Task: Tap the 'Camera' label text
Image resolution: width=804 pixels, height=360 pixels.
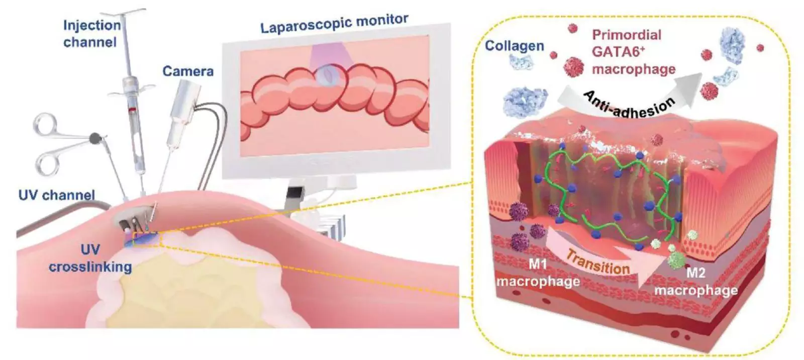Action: pos(187,71)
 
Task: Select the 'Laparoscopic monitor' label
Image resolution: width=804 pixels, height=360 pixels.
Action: pos(334,24)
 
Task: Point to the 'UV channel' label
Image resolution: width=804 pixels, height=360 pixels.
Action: pos(56,195)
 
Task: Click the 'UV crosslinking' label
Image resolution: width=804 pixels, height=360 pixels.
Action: pos(90,258)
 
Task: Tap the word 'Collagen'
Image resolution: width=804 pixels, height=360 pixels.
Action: pos(514,46)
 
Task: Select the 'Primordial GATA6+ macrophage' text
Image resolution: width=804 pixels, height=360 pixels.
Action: pos(633,52)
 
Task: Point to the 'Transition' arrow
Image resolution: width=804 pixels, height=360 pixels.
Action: pos(598,261)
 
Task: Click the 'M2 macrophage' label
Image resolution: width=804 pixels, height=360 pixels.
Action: pos(695,282)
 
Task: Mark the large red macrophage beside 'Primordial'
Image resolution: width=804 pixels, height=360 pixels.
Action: pos(574,66)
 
